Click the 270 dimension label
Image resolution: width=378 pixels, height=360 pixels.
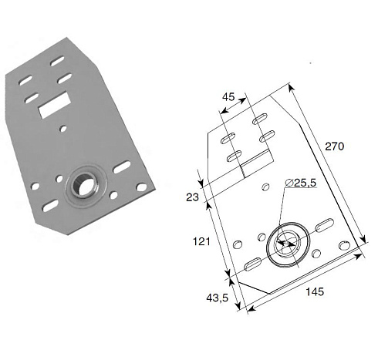[x=334, y=146]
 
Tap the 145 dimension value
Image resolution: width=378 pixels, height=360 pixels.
[x=315, y=292]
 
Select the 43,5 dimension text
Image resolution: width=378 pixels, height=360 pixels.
[x=218, y=298]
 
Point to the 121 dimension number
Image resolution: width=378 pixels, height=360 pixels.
[x=201, y=241]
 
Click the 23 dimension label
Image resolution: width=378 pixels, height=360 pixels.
[x=192, y=197]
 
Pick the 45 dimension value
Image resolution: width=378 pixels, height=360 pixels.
[x=228, y=97]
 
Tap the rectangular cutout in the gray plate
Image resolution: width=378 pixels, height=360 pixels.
[x=54, y=105]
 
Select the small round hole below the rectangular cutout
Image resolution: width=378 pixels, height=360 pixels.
[x=63, y=129]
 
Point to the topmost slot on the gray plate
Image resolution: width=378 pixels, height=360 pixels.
[x=57, y=61]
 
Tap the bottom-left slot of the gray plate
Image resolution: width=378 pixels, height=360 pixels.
[x=50, y=206]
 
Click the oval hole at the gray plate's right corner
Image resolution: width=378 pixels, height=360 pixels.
[x=141, y=187]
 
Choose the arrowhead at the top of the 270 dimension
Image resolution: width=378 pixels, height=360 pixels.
[x=291, y=88]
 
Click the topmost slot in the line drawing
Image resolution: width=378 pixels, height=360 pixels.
[x=259, y=119]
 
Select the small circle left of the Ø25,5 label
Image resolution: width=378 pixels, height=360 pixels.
[x=265, y=187]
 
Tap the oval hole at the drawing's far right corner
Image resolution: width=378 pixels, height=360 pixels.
[x=344, y=245]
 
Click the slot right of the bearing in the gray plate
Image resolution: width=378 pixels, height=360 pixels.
[x=122, y=167]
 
